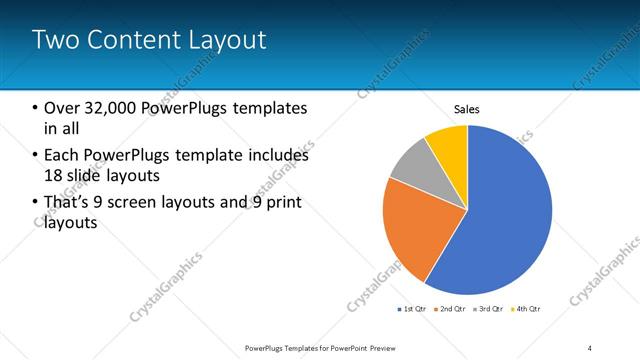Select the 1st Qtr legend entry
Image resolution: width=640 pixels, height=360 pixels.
pyautogui.click(x=414, y=309)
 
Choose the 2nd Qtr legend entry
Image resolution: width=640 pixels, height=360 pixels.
pyautogui.click(x=452, y=309)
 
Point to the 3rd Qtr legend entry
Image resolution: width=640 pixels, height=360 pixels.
pyautogui.click(x=491, y=309)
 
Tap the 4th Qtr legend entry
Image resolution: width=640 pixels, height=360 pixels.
pyautogui.click(x=529, y=309)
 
